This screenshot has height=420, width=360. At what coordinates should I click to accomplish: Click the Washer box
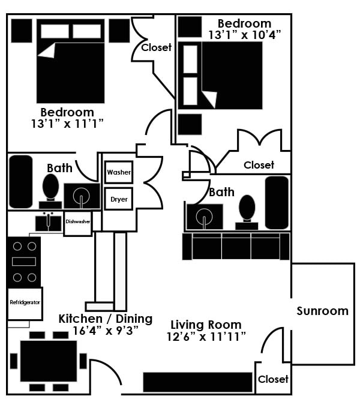tap(119, 173)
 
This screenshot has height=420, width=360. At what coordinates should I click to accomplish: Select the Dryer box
tap(119, 199)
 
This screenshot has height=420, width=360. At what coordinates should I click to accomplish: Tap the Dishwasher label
tap(78, 221)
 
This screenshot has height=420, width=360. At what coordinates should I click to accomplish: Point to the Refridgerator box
tap(25, 302)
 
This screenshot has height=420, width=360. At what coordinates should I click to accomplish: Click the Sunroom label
tap(322, 311)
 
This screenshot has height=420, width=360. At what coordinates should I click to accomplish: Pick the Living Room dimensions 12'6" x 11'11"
tap(206, 336)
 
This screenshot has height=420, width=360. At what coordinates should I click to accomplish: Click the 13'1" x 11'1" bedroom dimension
tap(67, 124)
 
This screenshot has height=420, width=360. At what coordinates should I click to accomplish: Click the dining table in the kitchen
tap(49, 361)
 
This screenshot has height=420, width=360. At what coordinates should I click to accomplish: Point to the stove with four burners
tap(24, 262)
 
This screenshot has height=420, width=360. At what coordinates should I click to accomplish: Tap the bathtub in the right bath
tap(277, 203)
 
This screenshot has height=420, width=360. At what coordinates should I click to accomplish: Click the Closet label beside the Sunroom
tap(273, 379)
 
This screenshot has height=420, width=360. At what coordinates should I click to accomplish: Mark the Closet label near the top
tap(157, 47)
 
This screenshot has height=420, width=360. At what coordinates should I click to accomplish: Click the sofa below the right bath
tap(236, 246)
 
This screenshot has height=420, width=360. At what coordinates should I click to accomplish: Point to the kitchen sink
tap(49, 222)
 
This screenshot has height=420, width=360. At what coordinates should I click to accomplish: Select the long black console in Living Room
tap(197, 382)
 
